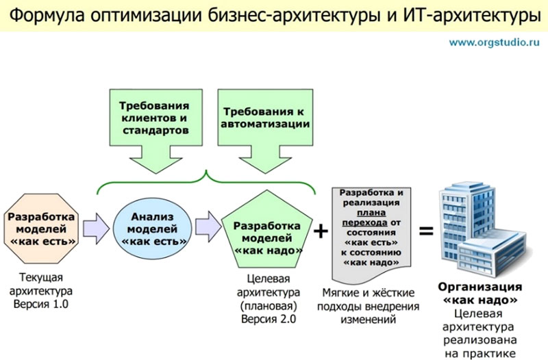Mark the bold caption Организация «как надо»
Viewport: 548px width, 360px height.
tap(480, 294)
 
